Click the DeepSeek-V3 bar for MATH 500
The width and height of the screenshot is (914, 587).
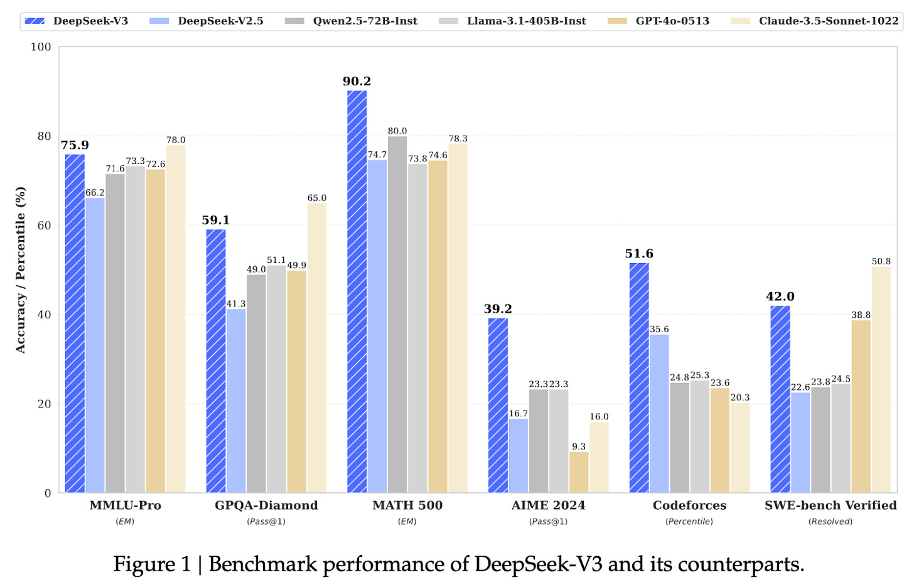click(357, 292)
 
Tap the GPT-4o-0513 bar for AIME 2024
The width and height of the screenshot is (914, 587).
click(579, 472)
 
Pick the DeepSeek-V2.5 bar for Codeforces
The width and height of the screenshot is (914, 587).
click(659, 414)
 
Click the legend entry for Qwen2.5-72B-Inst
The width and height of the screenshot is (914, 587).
click(351, 21)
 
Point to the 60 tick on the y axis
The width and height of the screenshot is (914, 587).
click(44, 225)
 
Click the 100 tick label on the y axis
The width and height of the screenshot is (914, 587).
click(41, 47)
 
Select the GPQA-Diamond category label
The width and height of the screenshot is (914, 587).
click(266, 505)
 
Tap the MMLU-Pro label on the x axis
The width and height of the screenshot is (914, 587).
click(125, 505)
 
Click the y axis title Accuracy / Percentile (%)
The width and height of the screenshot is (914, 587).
click(21, 270)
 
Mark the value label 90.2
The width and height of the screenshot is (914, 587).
click(357, 82)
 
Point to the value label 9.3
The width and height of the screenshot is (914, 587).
click(579, 447)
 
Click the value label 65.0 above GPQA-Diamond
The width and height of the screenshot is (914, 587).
click(317, 198)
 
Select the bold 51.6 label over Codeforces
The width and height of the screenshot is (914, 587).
click(639, 254)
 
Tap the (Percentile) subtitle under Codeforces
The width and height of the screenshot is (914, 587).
click(689, 522)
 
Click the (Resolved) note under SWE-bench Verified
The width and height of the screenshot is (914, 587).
click(831, 522)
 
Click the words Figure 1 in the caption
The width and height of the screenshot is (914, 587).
click(152, 564)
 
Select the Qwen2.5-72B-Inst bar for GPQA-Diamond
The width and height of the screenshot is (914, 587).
click(256, 384)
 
